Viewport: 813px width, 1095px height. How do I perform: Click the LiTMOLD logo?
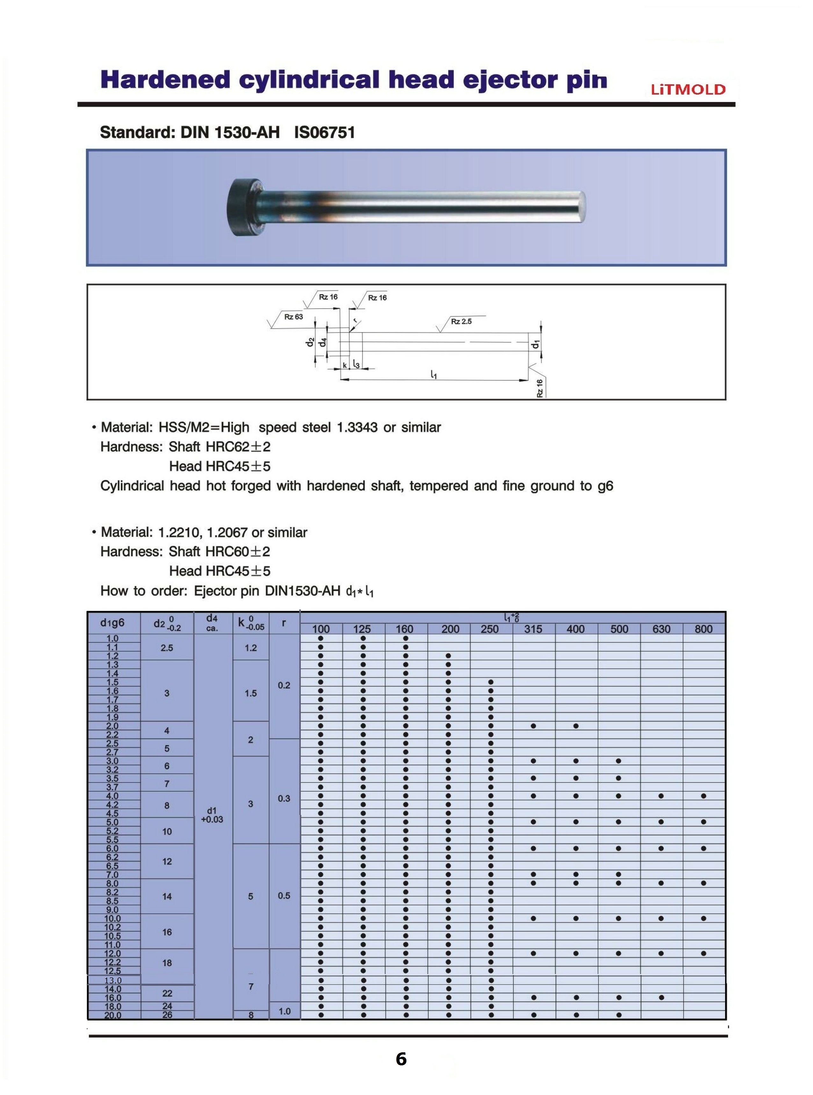click(688, 90)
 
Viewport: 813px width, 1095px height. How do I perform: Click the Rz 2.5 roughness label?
click(461, 321)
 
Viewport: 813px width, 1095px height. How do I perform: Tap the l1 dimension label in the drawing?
click(433, 375)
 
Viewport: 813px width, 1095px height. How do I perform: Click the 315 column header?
click(534, 629)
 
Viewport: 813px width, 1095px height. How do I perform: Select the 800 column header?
click(704, 629)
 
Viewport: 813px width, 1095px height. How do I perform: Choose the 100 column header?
click(321, 629)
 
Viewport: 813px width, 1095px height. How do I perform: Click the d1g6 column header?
click(113, 623)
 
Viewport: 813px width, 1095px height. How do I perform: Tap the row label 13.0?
click(113, 980)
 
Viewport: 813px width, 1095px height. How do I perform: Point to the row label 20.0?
click(113, 1015)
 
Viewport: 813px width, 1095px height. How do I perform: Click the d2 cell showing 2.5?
click(167, 648)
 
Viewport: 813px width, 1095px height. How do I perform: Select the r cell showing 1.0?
click(285, 1011)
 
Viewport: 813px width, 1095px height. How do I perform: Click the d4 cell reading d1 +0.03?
click(212, 815)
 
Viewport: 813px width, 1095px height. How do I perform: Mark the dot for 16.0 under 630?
click(661, 998)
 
